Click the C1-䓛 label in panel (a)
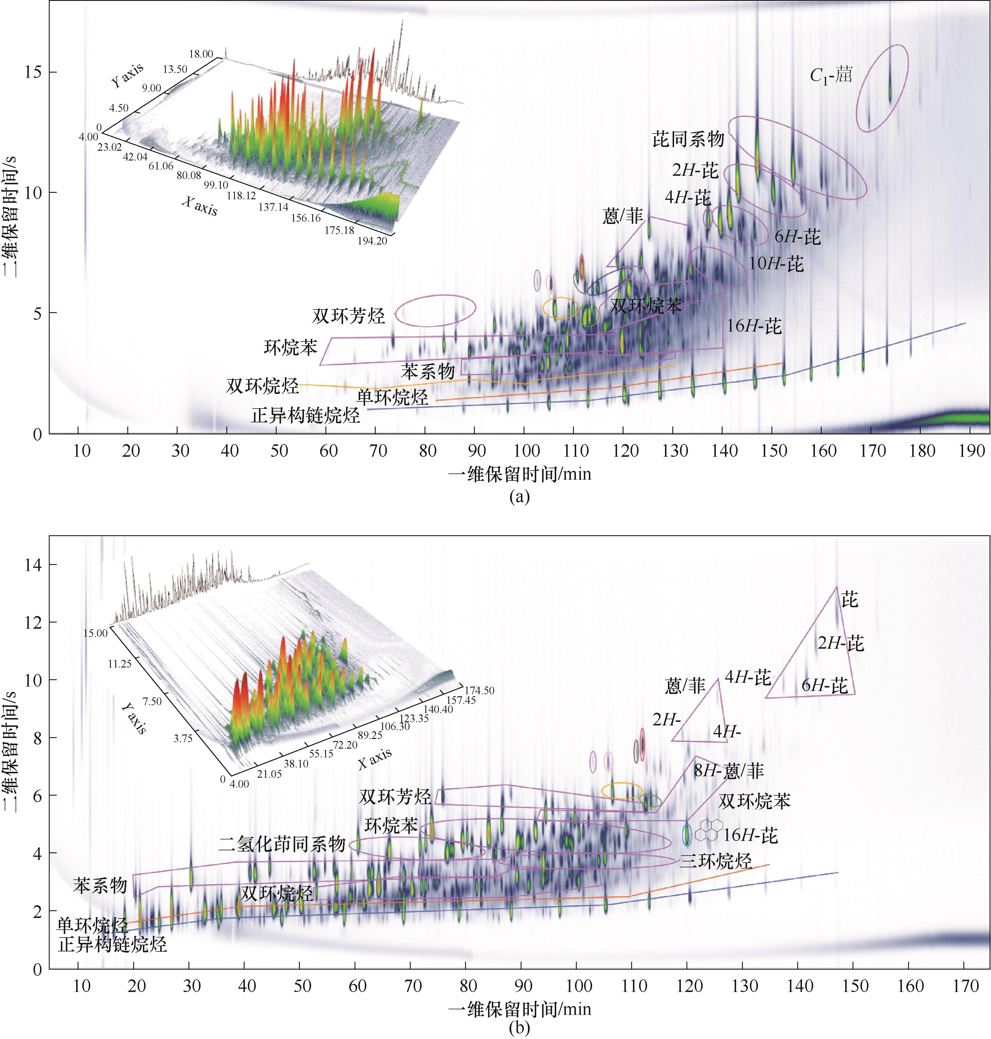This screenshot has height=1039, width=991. tap(831, 76)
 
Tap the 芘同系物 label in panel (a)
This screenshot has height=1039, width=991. tap(688, 139)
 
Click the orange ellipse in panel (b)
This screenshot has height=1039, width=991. tap(622, 791)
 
